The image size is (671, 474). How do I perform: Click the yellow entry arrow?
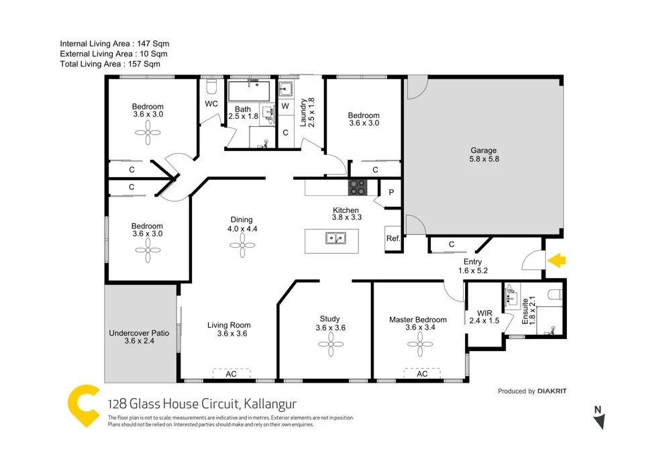(556, 260)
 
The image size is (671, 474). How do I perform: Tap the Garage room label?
(484, 155)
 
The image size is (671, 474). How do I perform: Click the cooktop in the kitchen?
(357, 187)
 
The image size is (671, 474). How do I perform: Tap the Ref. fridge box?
(393, 239)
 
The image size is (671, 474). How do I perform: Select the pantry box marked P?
(391, 192)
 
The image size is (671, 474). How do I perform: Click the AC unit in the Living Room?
(231, 373)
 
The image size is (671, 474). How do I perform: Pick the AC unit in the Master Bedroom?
(422, 373)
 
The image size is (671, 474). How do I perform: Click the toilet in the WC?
(210, 88)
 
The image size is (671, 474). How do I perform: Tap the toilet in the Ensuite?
(554, 294)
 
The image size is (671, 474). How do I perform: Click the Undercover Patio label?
(139, 336)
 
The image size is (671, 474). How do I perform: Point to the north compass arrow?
(600, 421)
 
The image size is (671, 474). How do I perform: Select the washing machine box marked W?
(285, 107)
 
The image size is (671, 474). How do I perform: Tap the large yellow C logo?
(84, 406)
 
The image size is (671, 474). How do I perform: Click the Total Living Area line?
(110, 64)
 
